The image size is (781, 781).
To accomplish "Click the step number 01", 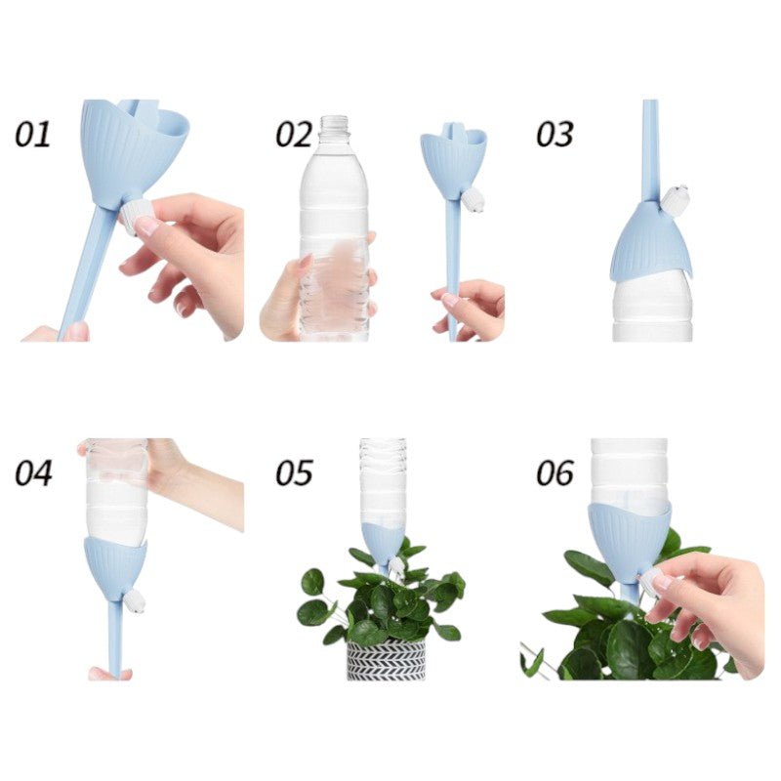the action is [33, 134].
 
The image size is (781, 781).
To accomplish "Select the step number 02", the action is [294, 134].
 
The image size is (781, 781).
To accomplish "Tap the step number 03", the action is [555, 134].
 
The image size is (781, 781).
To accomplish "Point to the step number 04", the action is [33, 473].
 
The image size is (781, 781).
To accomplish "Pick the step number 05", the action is [294, 473].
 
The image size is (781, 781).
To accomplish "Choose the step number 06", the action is [555, 473].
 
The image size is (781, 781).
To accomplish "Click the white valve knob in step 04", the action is [135, 600].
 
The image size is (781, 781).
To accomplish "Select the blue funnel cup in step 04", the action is [115, 569].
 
